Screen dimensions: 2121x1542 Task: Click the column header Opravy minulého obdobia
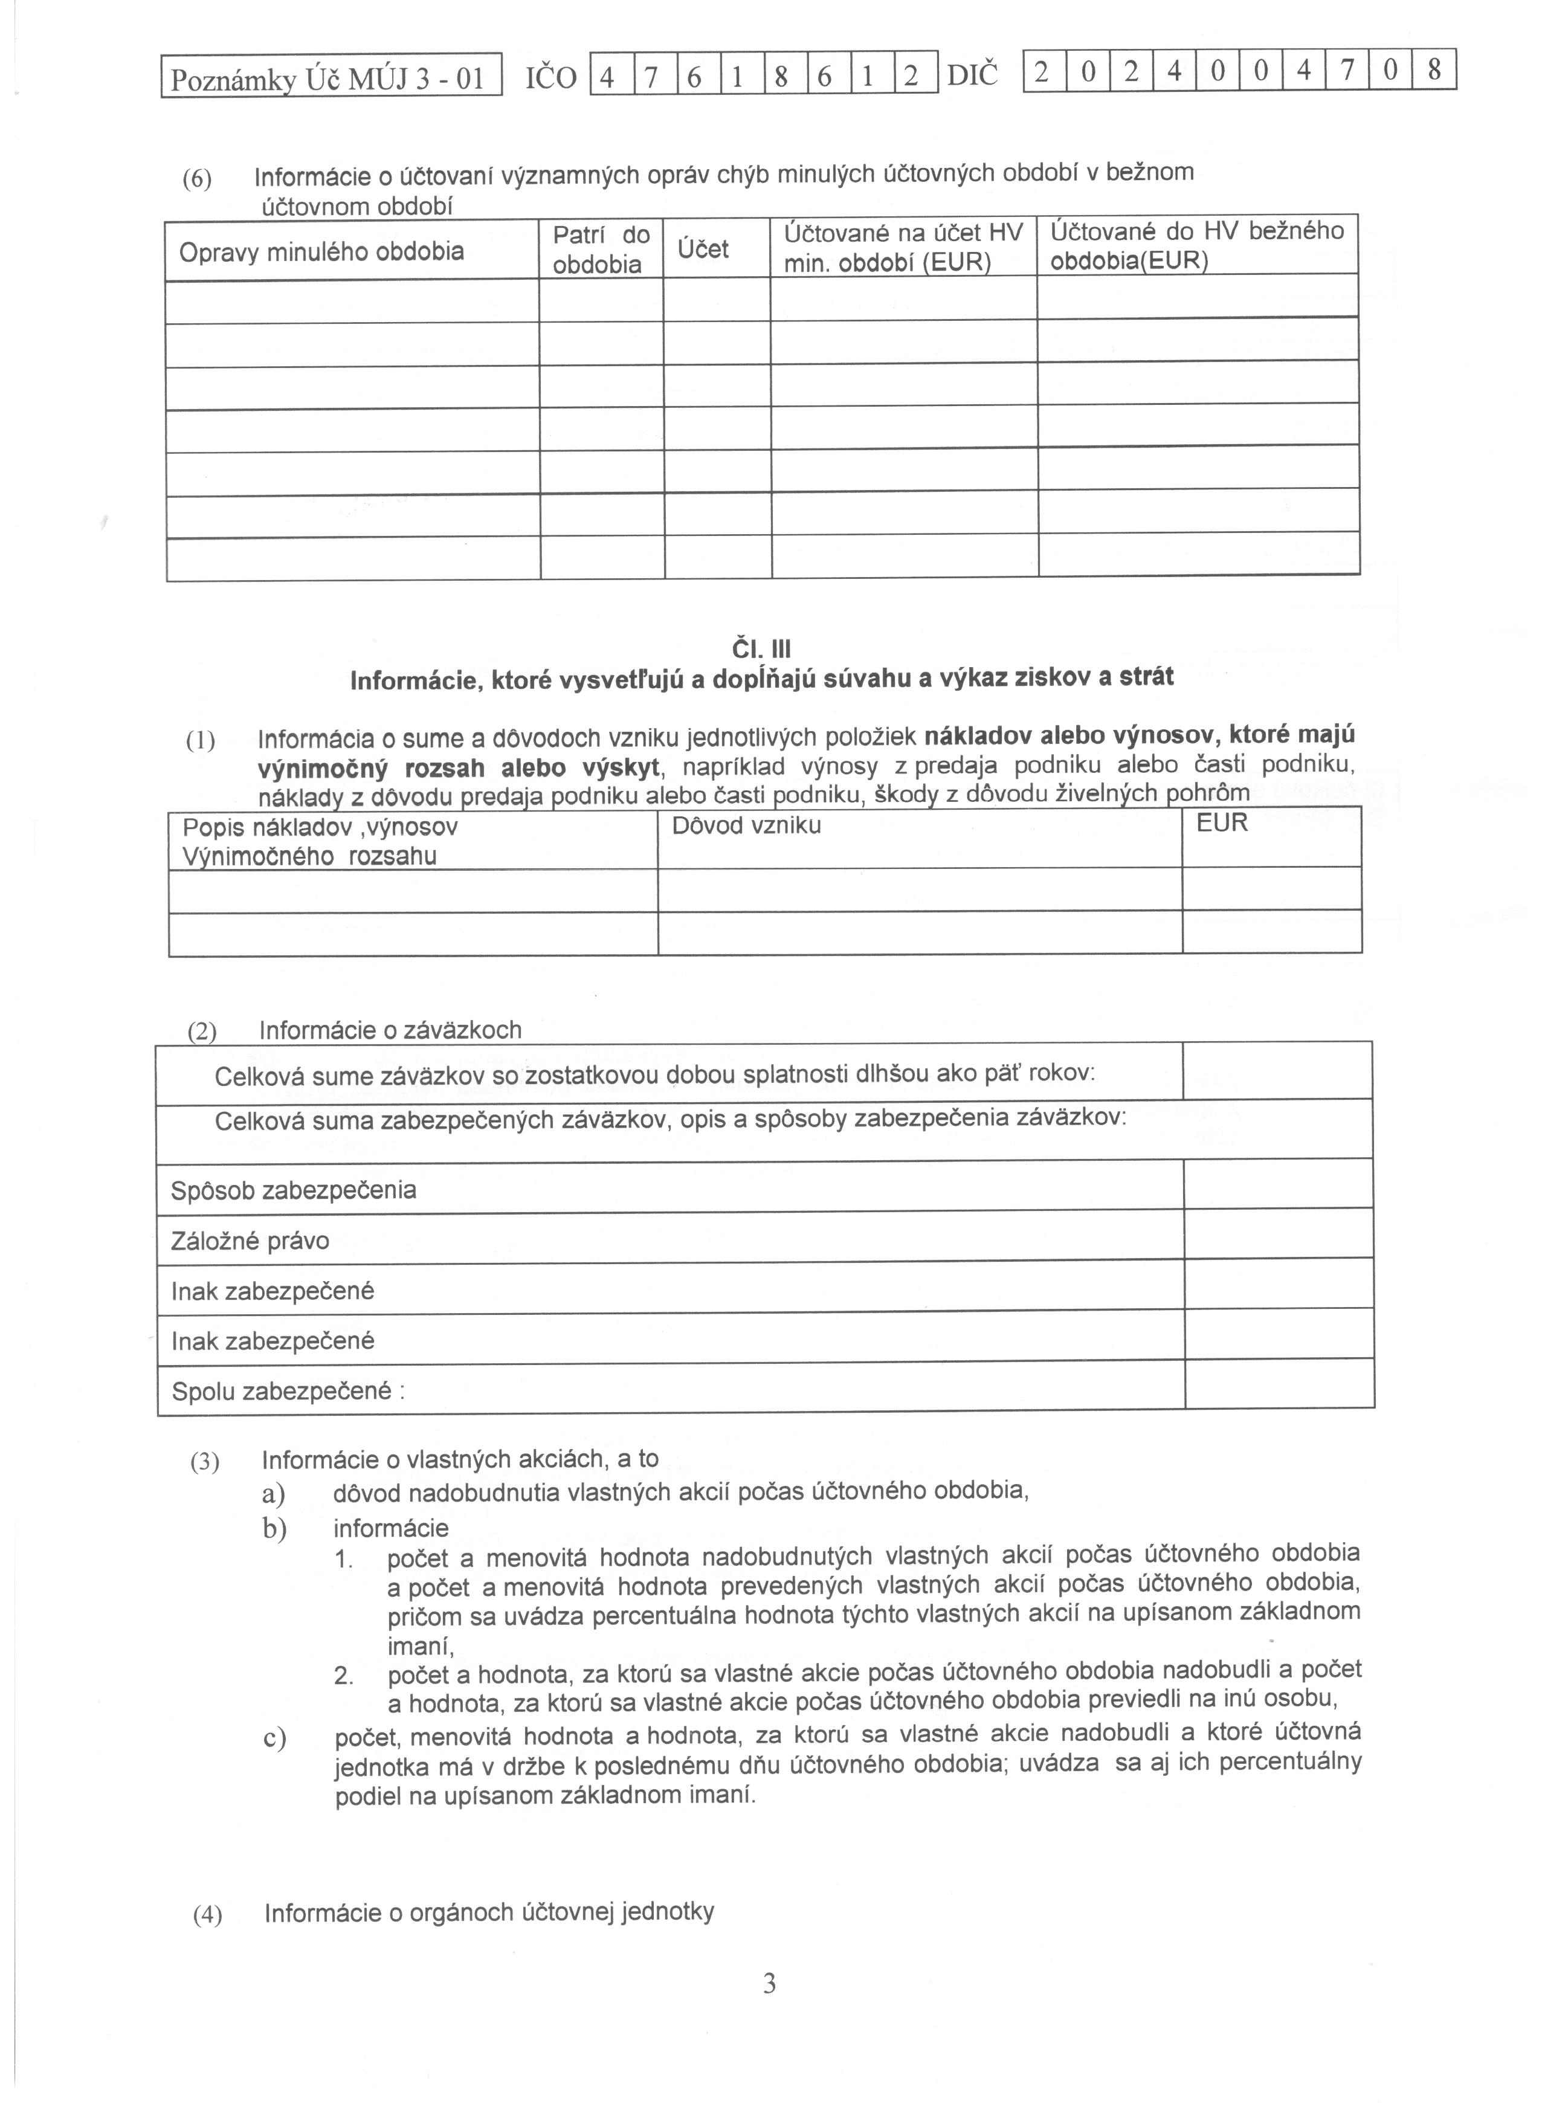point(321,251)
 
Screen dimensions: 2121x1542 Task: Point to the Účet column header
point(703,250)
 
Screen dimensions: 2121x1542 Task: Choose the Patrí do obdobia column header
point(601,249)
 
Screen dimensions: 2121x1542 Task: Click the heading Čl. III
point(762,649)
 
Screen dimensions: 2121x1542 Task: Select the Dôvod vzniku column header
point(746,826)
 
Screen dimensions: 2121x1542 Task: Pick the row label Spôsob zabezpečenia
point(294,1190)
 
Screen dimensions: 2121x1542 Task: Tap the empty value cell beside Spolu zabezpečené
point(1279,1385)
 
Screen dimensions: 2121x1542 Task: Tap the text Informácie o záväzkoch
point(390,1030)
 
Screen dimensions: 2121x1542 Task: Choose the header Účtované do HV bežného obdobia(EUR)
point(1197,245)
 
